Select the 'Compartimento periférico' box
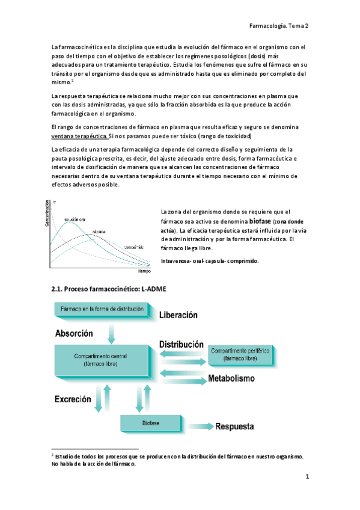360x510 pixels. (240, 355)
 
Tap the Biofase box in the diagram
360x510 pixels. (150, 423)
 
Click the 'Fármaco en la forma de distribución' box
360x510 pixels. (102, 309)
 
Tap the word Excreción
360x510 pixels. (73, 399)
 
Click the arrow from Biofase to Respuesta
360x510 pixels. (196, 426)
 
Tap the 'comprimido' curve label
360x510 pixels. (134, 247)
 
